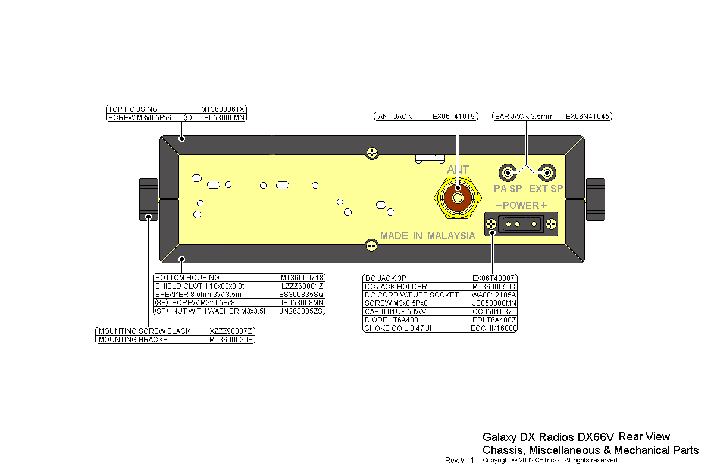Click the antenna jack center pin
[x=458, y=198]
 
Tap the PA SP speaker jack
[x=508, y=173]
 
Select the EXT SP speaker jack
[x=547, y=173]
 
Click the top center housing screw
[x=372, y=153]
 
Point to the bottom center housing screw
[x=371, y=246]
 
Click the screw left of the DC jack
[x=491, y=224]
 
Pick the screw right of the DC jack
[x=551, y=224]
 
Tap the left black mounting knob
[x=149, y=199]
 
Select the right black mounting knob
[x=596, y=199]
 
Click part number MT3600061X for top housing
[x=223, y=109]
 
